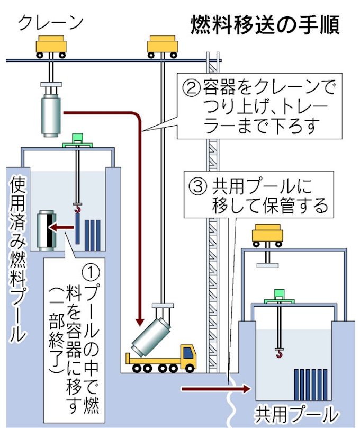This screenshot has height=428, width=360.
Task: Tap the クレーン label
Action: (51, 22)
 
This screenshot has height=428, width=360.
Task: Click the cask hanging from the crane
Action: (51, 113)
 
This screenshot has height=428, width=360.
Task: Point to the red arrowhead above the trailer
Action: (140, 320)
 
